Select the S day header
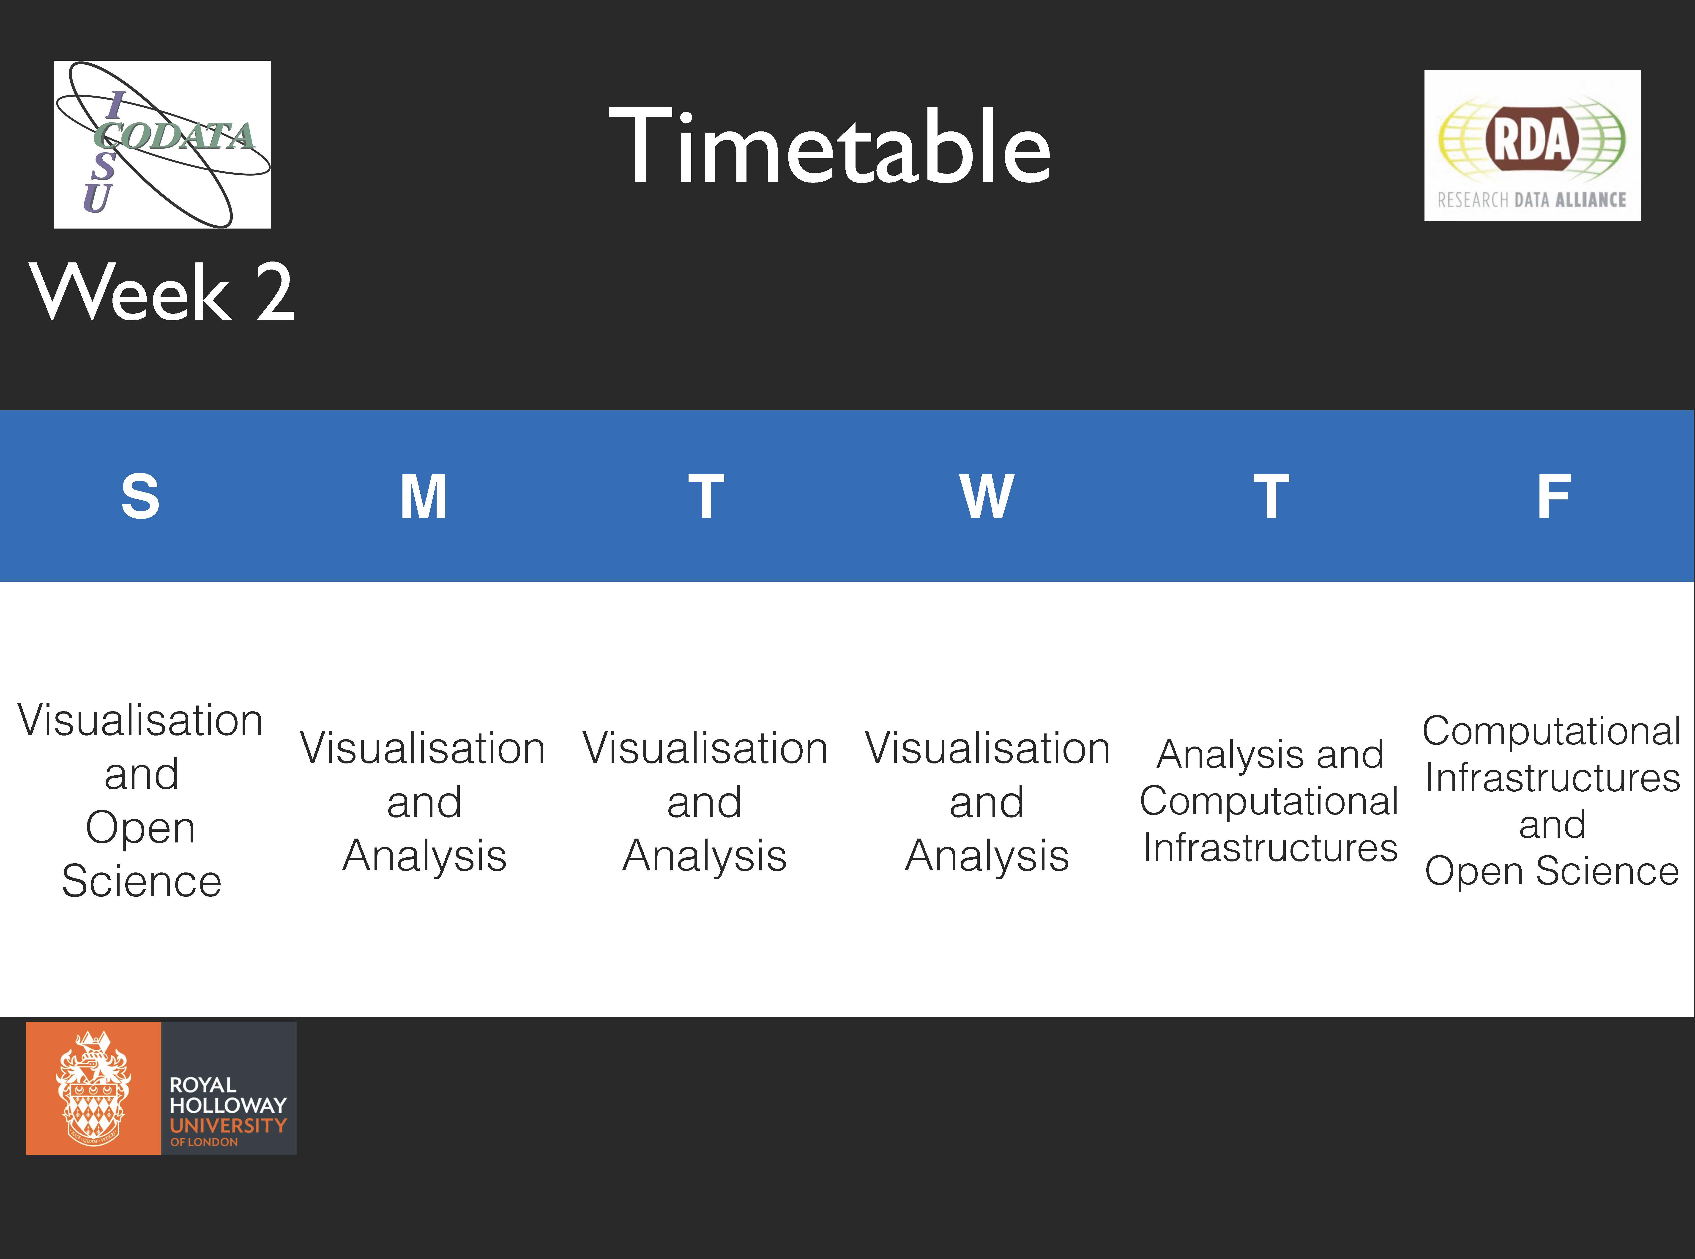click(x=141, y=497)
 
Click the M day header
click(x=424, y=497)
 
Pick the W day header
click(x=987, y=497)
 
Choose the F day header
click(x=1553, y=497)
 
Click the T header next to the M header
click(x=706, y=497)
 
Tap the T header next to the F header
click(x=1271, y=497)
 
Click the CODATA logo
click(x=162, y=144)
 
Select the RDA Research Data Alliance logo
click(x=1532, y=146)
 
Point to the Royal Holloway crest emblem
click(x=93, y=1088)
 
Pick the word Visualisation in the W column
click(x=987, y=748)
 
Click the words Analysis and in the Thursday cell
click(x=1270, y=755)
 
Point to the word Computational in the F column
click(x=1552, y=731)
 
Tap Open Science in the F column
click(x=1552, y=871)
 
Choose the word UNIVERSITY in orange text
click(x=228, y=1126)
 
